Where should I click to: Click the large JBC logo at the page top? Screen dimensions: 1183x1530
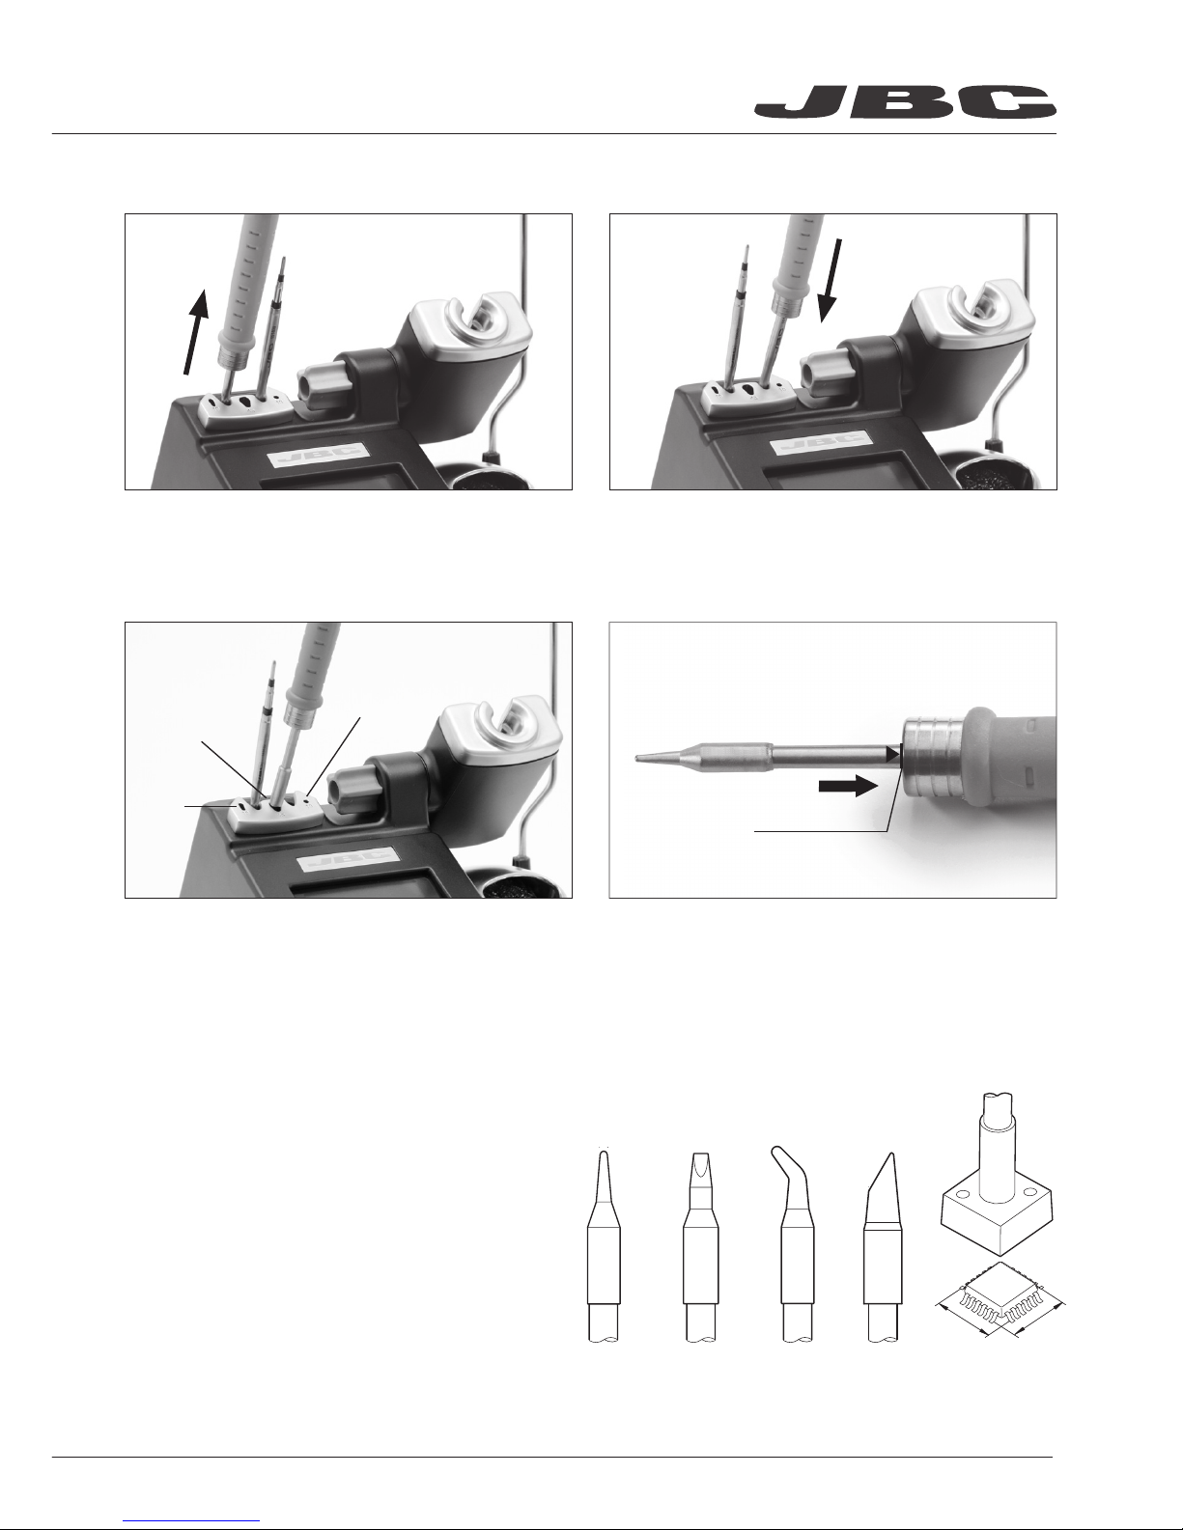(x=905, y=101)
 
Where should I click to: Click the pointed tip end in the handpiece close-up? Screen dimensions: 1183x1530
(x=637, y=758)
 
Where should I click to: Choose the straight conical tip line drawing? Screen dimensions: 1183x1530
(x=605, y=1246)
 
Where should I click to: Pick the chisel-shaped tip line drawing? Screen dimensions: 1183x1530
(x=701, y=1247)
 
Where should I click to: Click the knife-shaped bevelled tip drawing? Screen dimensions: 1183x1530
(x=883, y=1247)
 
